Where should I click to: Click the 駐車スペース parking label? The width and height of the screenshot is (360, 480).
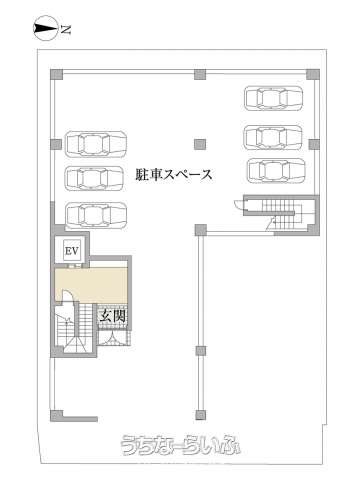[174, 175]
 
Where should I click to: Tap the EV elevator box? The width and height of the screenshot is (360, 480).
[72, 251]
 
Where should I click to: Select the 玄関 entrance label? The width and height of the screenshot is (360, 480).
[113, 316]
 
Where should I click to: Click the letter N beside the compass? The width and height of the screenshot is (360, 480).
[66, 30]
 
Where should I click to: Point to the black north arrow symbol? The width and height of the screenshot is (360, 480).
[45, 30]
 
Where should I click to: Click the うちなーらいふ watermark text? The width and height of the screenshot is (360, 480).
[180, 445]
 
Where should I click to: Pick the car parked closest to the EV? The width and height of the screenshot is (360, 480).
[96, 215]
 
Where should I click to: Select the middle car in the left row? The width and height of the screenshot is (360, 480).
[96, 178]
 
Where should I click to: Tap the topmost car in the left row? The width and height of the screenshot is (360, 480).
[96, 144]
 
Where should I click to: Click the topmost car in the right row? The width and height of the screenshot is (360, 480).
[274, 98]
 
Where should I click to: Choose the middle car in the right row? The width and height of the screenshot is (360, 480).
[274, 137]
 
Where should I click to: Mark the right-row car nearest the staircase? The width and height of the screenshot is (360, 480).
[276, 171]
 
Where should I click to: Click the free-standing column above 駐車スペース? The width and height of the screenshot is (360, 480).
[200, 144]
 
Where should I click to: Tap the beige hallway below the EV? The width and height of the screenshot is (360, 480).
[92, 286]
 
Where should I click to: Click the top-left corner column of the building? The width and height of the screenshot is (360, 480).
[56, 74]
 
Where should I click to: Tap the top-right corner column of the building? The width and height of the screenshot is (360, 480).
[313, 74]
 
